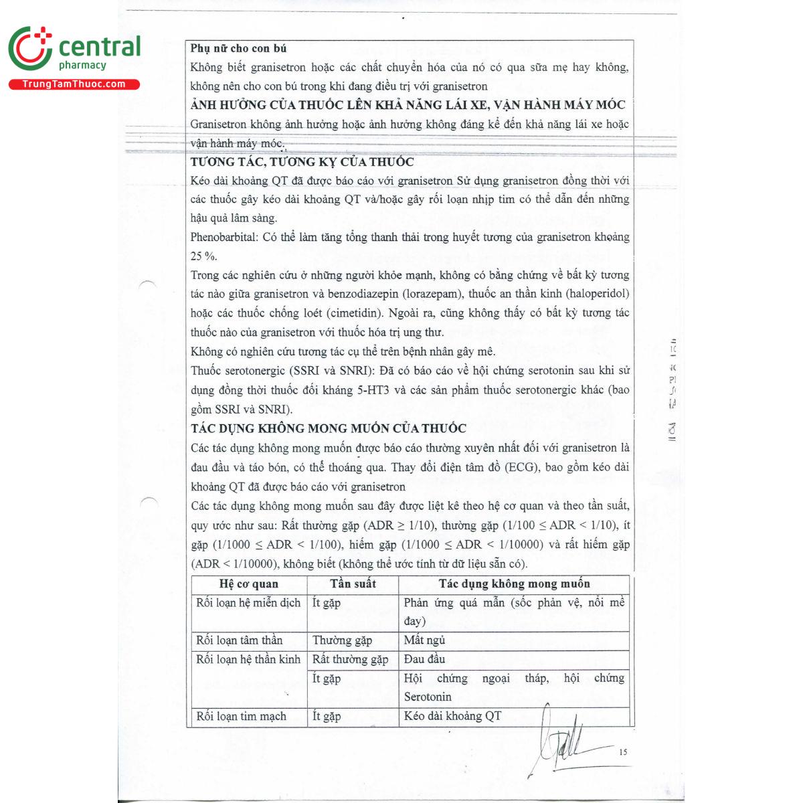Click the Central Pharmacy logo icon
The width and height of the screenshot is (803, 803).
coord(29,48)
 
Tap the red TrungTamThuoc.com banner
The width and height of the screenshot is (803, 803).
coord(74,84)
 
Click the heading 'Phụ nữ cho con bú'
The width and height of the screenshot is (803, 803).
coord(238,48)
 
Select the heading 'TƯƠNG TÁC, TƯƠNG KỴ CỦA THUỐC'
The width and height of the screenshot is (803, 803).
coord(302,162)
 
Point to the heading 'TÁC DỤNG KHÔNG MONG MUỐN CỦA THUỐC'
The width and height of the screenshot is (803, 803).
coord(329,428)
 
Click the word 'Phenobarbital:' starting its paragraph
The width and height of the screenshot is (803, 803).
coord(224,238)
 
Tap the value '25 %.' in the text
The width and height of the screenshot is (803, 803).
coord(203,256)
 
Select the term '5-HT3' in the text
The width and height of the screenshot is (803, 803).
coord(373,390)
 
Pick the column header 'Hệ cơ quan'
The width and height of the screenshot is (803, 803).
coord(248,584)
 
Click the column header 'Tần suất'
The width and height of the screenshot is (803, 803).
coord(353,584)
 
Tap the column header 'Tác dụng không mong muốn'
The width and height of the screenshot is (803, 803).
coord(514,584)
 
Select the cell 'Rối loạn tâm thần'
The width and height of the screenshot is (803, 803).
coord(239,640)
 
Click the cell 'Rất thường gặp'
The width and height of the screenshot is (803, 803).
coord(350,660)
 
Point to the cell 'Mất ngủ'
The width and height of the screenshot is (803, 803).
coord(424,640)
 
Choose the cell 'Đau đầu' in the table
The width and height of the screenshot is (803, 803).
coord(424,660)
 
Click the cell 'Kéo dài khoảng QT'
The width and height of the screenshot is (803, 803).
coord(452,716)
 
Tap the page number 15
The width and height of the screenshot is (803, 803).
coord(623,752)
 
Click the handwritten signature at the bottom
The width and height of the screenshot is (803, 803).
coord(562,743)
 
